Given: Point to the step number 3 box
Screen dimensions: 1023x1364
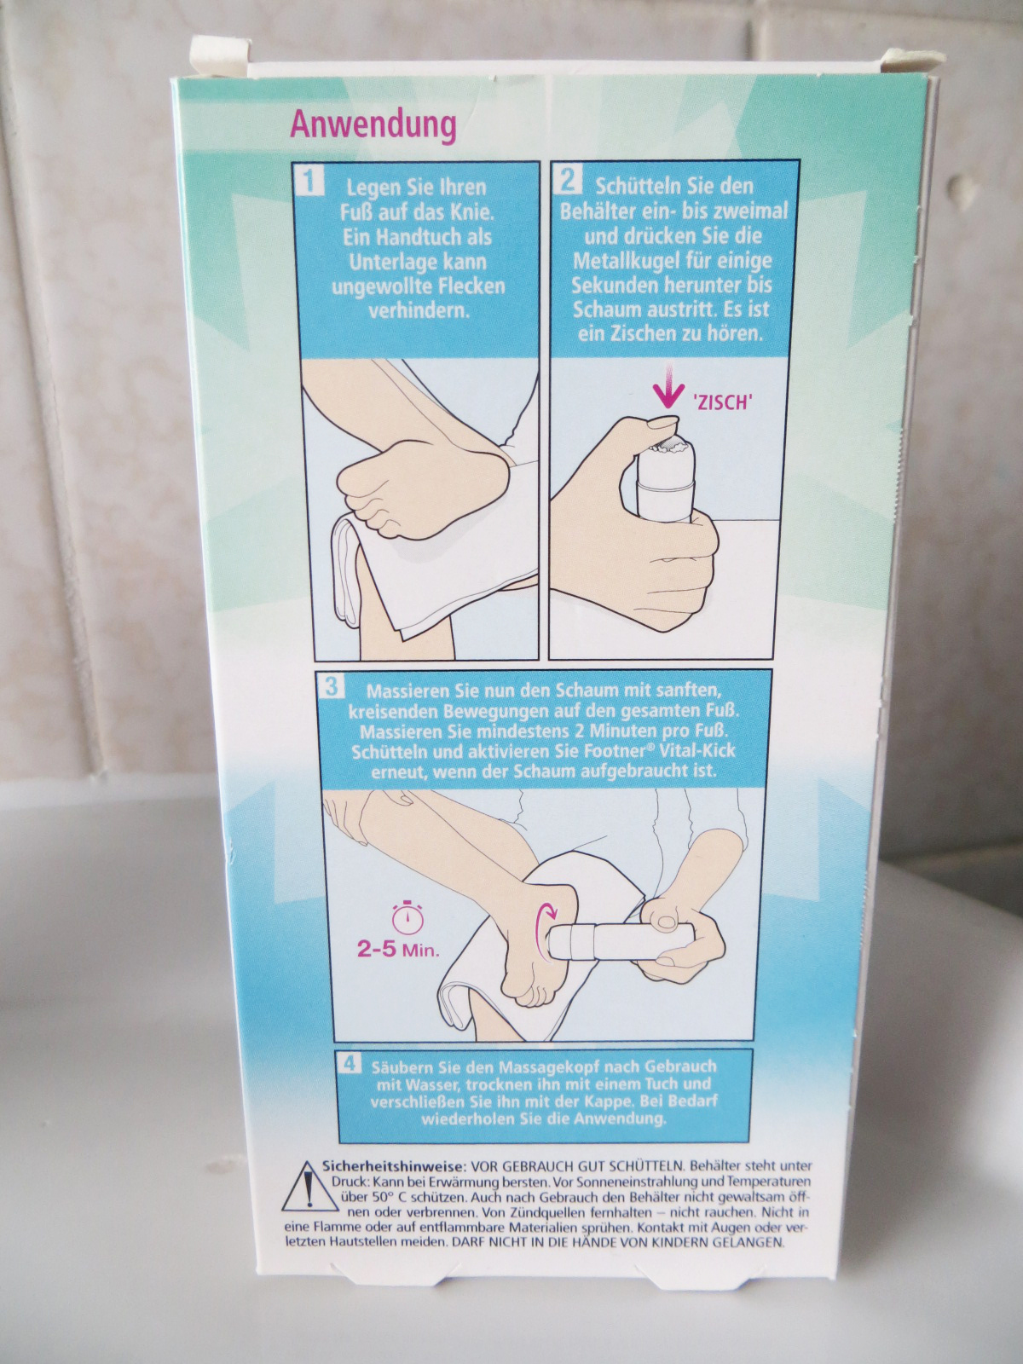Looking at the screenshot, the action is click(x=332, y=686).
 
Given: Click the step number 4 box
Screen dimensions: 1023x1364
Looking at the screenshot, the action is click(x=349, y=1063).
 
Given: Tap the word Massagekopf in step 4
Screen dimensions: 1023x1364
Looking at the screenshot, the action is click(x=547, y=1066).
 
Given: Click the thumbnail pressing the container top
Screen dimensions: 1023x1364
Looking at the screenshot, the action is click(x=658, y=425).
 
